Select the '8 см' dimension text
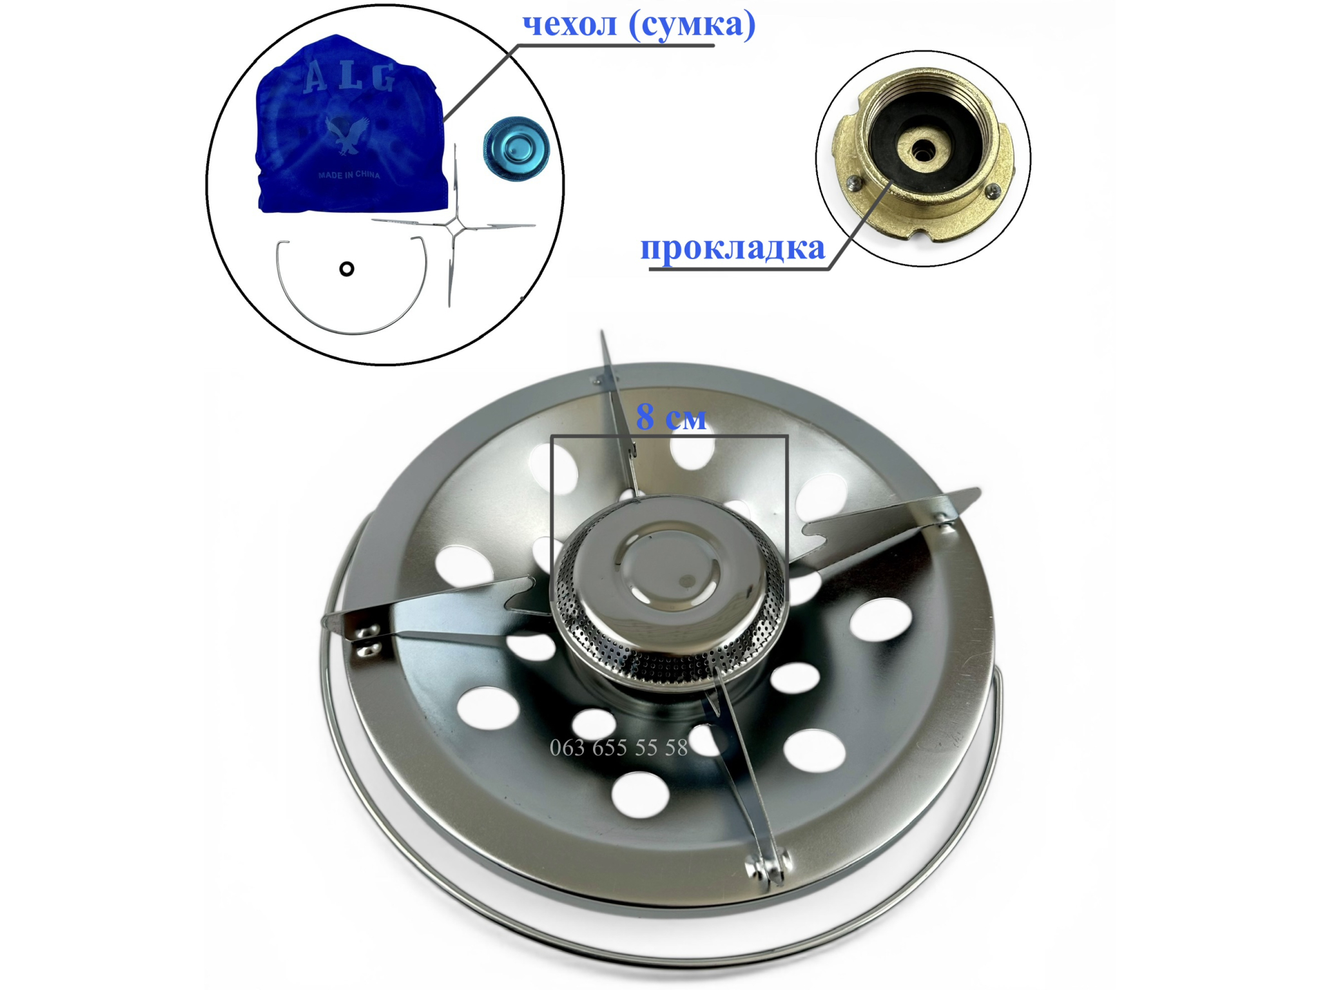coord(671,417)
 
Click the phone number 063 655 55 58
coord(619,748)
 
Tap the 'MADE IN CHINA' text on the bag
coord(349,175)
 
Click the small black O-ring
coord(347,269)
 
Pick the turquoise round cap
coord(516,149)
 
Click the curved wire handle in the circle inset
coord(352,333)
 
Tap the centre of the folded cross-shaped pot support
coord(454,226)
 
